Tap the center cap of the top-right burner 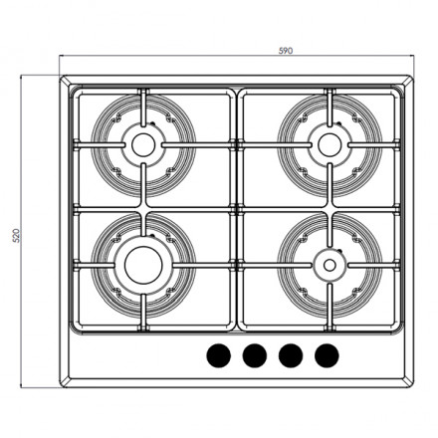(326, 142)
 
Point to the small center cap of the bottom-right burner (326, 264)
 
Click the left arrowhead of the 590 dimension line (61, 59)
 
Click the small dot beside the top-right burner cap (338, 123)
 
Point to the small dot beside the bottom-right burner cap (337, 248)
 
